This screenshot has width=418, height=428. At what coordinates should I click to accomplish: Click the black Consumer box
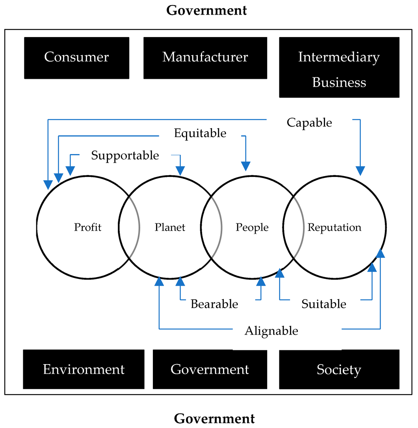pyautogui.click(x=77, y=58)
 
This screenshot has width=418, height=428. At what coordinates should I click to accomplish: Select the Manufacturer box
pyautogui.click(x=205, y=58)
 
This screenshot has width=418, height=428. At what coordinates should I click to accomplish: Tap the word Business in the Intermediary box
pyautogui.click(x=339, y=82)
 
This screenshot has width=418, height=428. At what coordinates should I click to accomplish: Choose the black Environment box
pyautogui.click(x=84, y=370)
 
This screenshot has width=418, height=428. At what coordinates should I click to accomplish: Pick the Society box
pyautogui.click(x=339, y=370)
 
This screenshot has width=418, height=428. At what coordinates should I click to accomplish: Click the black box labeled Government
pyautogui.click(x=210, y=370)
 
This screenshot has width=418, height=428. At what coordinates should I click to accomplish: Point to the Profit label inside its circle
pyautogui.click(x=88, y=227)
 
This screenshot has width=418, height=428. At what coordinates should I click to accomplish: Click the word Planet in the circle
pyautogui.click(x=170, y=227)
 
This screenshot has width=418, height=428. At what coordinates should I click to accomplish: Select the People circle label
pyautogui.click(x=252, y=227)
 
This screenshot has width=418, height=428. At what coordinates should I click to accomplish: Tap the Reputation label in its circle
pyautogui.click(x=334, y=227)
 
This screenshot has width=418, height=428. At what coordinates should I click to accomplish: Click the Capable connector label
pyautogui.click(x=309, y=123)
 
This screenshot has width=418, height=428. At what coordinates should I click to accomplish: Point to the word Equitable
pyautogui.click(x=200, y=133)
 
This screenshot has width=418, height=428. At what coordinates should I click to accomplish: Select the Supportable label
pyautogui.click(x=125, y=155)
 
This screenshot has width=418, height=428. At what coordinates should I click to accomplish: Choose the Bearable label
pyautogui.click(x=214, y=304)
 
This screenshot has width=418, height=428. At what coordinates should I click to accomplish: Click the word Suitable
pyautogui.click(x=324, y=304)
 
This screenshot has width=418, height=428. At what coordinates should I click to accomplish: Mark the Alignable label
pyautogui.click(x=271, y=331)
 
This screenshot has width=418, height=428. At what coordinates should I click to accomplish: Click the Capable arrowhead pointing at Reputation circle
pyautogui.click(x=360, y=171)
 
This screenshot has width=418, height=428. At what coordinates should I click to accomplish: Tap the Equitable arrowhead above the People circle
pyautogui.click(x=246, y=166)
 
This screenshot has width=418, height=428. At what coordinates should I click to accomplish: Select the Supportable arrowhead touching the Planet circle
pyautogui.click(x=180, y=171)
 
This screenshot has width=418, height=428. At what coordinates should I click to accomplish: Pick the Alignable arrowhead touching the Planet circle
pyautogui.click(x=159, y=281)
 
